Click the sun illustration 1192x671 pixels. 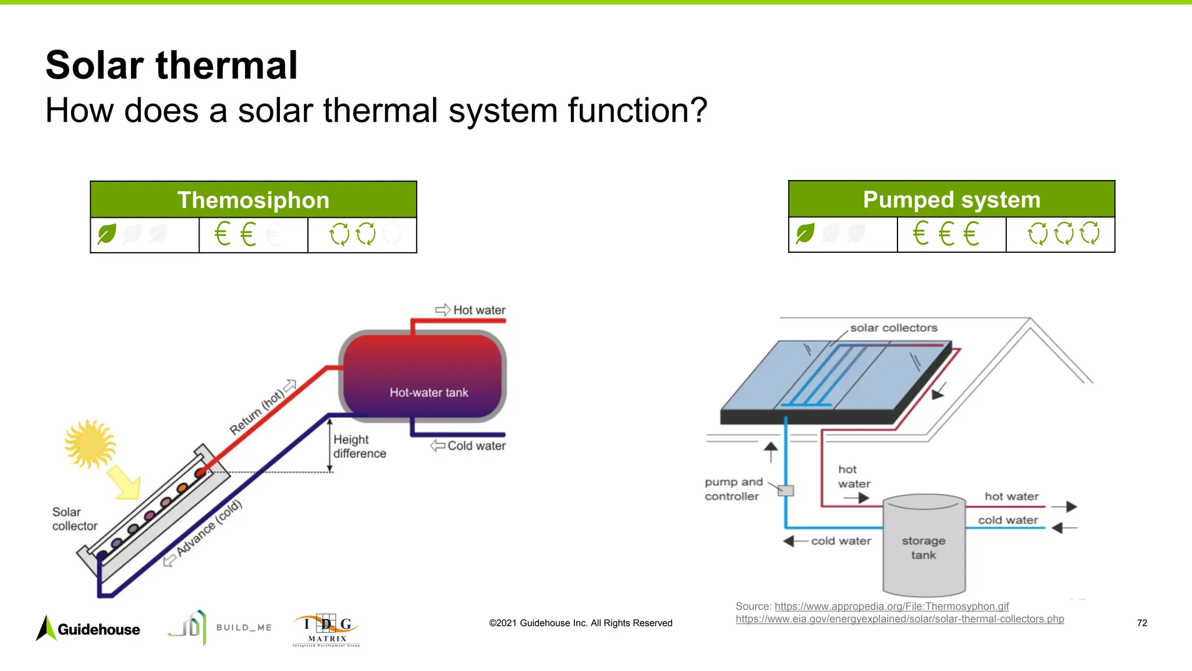point(90,444)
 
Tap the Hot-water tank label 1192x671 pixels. point(428,393)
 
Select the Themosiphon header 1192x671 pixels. point(253,200)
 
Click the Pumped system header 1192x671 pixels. point(951,199)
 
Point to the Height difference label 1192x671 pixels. point(359,446)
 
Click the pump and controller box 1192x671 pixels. point(786,490)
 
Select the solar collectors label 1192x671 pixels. point(893,328)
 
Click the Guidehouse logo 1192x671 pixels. point(88,628)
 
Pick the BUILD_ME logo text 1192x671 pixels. point(244,627)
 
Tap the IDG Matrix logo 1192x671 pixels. point(327,630)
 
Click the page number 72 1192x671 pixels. point(1141,623)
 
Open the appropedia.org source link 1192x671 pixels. point(891,606)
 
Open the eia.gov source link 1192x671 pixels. point(899,619)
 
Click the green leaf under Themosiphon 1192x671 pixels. point(107,234)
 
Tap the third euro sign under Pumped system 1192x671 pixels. point(971,234)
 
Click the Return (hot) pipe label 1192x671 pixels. point(257,411)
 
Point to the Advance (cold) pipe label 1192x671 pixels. point(208,528)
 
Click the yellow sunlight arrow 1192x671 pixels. point(125,482)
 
